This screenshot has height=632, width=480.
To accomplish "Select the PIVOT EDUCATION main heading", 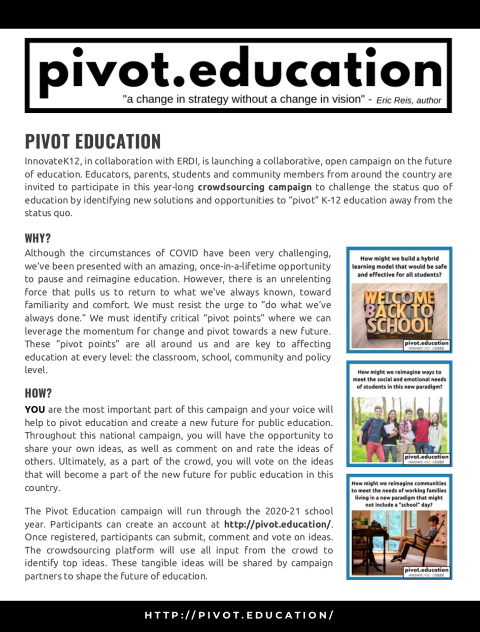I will click(x=93, y=141).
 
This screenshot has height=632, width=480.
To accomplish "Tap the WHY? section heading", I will click(x=38, y=238).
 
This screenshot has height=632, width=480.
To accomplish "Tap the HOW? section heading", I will click(x=39, y=393).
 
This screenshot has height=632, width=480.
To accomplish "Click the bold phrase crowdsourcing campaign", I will click(x=255, y=187).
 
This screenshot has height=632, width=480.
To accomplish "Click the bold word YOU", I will click(x=35, y=409).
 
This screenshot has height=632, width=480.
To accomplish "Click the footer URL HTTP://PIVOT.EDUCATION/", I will click(x=239, y=615).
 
